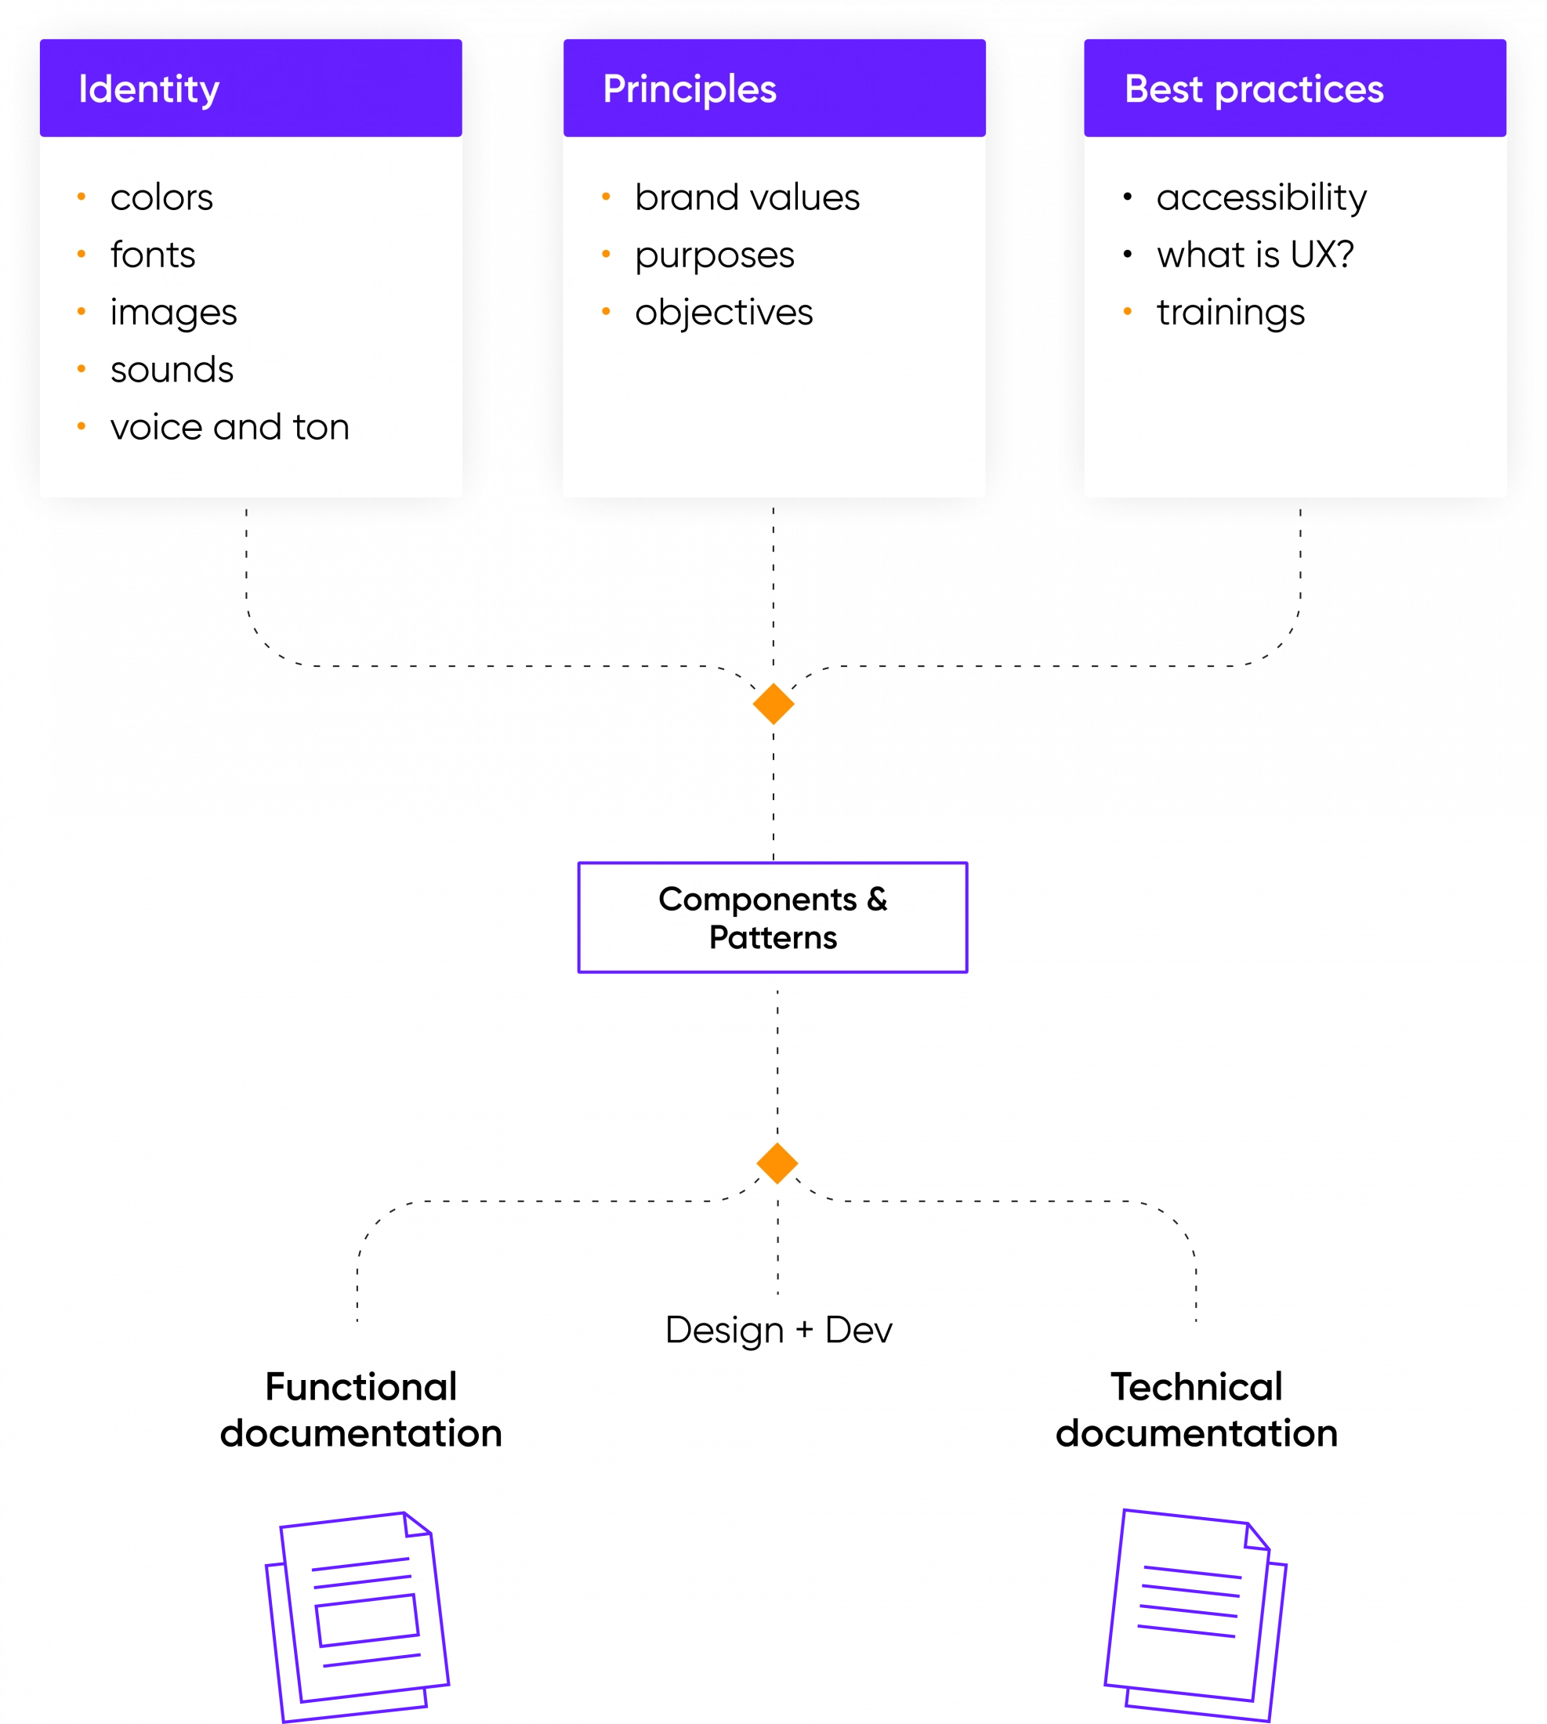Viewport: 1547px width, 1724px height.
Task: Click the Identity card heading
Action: tap(149, 89)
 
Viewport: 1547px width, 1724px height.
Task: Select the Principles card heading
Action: tap(690, 89)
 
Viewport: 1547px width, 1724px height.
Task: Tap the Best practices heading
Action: tap(1254, 89)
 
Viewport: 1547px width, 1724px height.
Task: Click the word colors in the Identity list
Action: tap(161, 197)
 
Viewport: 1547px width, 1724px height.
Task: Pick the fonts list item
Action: tap(153, 254)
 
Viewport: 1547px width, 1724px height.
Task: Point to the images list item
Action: tap(173, 312)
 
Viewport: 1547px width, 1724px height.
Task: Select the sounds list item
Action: tap(172, 370)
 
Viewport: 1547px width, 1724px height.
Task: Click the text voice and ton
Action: tap(230, 427)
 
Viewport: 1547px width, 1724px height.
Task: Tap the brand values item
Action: tap(747, 197)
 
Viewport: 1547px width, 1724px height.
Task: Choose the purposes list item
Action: tap(714, 255)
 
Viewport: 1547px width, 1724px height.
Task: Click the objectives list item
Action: tap(723, 312)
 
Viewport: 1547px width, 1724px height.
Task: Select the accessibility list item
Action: tap(1262, 197)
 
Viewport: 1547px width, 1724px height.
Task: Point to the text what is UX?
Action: tap(1255, 254)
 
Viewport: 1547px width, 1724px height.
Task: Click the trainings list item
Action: tap(1230, 312)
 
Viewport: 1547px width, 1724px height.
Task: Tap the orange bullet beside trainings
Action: tap(1127, 312)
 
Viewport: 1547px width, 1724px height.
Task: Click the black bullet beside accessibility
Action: tap(1127, 197)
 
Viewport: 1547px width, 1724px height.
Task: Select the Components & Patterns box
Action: tap(773, 918)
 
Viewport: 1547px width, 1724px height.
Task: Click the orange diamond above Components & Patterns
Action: tap(773, 704)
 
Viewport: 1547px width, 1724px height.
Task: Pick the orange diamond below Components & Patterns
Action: tap(777, 1163)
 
